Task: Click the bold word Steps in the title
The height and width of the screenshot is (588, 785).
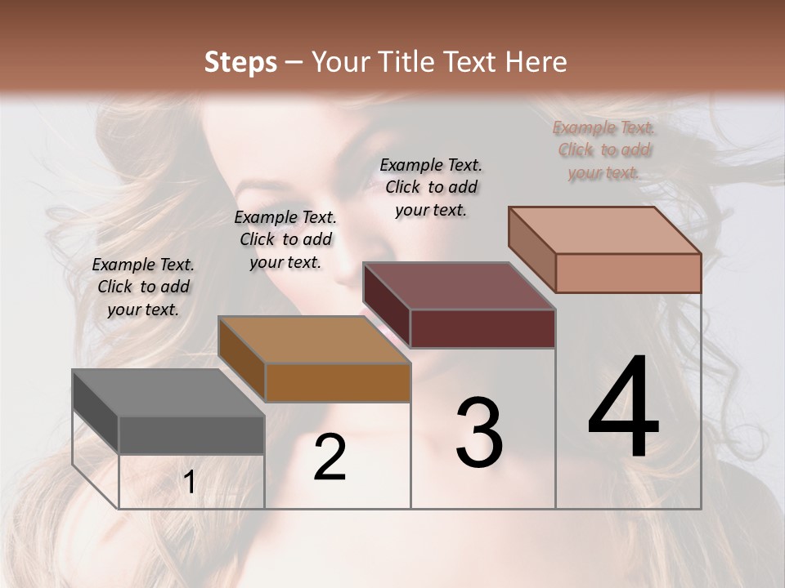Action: [x=240, y=62]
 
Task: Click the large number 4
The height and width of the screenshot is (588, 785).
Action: [x=624, y=409]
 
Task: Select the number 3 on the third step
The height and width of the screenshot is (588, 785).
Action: [x=479, y=433]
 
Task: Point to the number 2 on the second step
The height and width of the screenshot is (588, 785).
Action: [x=330, y=457]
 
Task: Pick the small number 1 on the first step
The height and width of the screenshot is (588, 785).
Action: [x=190, y=483]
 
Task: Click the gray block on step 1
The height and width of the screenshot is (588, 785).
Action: [x=168, y=412]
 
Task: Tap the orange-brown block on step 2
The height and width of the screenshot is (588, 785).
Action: [x=314, y=360]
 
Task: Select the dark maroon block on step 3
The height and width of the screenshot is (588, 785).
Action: [x=460, y=306]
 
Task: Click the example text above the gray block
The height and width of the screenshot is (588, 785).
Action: [x=143, y=287]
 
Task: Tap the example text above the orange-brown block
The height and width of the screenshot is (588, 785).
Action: [x=285, y=239]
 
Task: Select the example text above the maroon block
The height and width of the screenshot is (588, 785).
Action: [x=431, y=187]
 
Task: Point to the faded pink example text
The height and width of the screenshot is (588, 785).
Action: [x=604, y=149]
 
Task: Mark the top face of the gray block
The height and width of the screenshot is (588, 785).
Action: [x=168, y=393]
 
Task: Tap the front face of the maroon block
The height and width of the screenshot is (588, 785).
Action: [x=482, y=329]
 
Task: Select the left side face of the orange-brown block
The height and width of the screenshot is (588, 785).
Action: [x=242, y=359]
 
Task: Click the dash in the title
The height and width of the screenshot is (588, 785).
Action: [x=294, y=62]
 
